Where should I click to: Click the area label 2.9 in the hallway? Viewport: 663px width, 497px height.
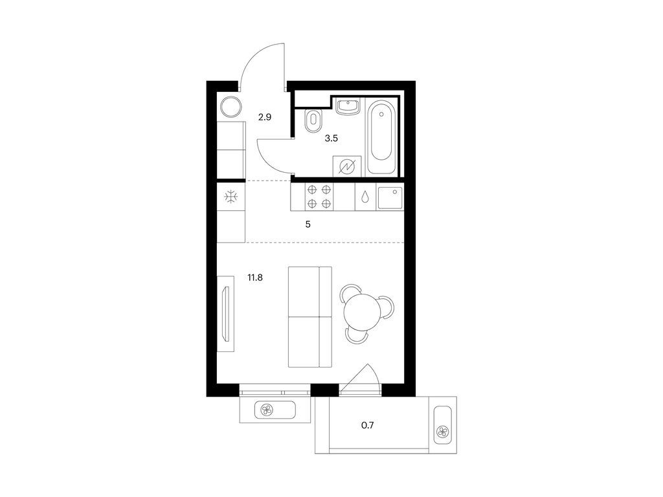[265, 117]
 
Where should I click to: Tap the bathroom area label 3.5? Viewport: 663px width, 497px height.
[331, 138]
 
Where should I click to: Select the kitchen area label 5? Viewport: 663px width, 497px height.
[308, 225]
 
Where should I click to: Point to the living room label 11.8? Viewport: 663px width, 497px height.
[255, 278]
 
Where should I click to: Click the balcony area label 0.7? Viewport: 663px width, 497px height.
[368, 426]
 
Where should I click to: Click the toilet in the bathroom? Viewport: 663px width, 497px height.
[313, 120]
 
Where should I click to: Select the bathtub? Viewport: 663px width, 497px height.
[382, 137]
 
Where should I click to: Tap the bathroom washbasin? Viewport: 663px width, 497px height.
[348, 105]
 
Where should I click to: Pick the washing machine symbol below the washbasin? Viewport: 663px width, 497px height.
[348, 166]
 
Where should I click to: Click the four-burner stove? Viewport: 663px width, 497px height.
[319, 197]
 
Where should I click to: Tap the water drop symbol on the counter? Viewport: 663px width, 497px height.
[365, 197]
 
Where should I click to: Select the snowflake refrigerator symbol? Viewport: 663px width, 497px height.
[231, 197]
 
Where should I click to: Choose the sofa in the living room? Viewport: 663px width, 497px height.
[310, 317]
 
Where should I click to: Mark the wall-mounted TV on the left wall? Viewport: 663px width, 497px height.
[226, 314]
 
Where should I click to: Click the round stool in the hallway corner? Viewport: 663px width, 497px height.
[232, 107]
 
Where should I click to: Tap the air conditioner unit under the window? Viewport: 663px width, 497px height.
[275, 410]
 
